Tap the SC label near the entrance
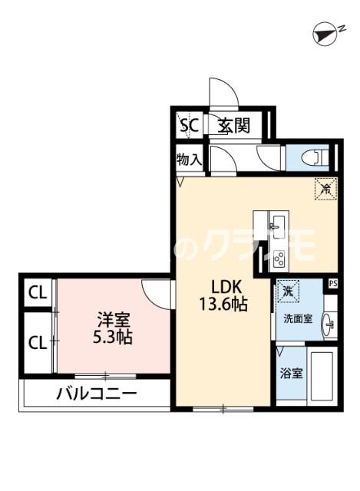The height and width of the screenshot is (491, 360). click(x=188, y=126)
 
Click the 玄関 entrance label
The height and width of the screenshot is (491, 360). click(x=232, y=126)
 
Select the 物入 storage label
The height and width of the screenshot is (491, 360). click(x=188, y=160)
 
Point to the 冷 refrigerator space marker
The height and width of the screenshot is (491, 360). click(x=325, y=187)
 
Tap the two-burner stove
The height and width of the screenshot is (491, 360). click(x=279, y=259)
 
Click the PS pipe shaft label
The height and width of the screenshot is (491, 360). click(x=332, y=283)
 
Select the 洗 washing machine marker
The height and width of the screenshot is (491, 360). click(x=287, y=292)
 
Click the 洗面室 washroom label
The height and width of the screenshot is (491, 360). click(x=296, y=318)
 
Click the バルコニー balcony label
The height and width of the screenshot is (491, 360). click(x=96, y=394)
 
